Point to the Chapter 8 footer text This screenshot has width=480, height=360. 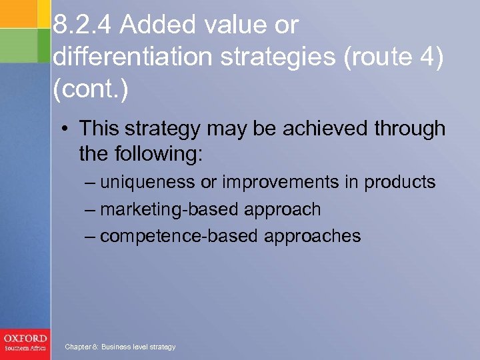(120, 347)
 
